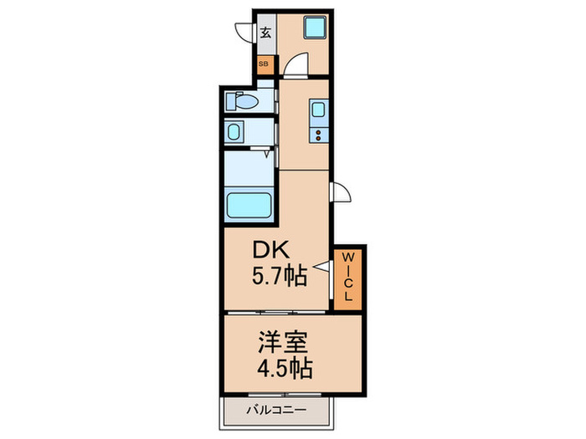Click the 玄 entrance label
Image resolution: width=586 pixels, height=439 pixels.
[265, 33]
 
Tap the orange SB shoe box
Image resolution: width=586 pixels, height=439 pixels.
[264, 64]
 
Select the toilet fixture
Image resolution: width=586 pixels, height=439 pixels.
[242, 101]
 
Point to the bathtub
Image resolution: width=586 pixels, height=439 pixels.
[248, 205]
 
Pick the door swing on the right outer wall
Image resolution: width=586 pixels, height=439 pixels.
[342, 192]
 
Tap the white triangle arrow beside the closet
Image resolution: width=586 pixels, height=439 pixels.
[320, 269]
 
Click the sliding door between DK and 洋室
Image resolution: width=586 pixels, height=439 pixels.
[276, 313]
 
